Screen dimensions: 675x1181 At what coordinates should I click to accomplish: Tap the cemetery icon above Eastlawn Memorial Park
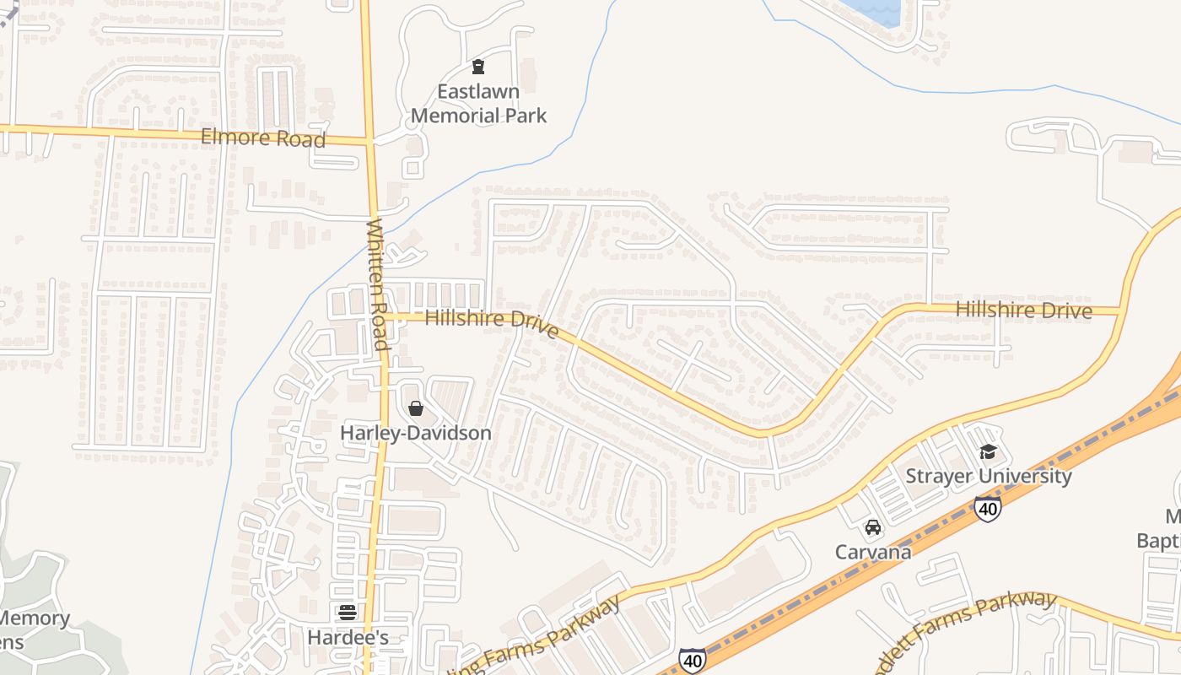[x=478, y=67]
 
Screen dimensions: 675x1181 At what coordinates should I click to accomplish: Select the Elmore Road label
[x=263, y=138]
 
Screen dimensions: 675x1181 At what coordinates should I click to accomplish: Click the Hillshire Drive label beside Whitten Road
[x=491, y=322]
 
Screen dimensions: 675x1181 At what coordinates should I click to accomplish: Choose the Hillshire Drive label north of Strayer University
[x=1023, y=310]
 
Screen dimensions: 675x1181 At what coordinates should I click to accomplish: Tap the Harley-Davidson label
[x=415, y=433]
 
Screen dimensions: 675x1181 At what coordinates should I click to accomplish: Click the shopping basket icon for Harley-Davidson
[x=415, y=409]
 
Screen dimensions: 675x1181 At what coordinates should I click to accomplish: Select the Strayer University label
[x=988, y=476]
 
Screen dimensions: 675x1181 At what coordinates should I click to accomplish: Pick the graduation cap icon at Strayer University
[x=988, y=452]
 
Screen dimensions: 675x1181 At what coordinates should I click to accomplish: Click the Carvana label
[x=873, y=552]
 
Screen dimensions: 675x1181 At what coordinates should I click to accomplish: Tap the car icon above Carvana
[x=873, y=528]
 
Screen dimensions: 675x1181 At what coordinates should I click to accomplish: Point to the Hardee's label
[x=348, y=637]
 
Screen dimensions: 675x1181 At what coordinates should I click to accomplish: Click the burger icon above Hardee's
[x=348, y=613]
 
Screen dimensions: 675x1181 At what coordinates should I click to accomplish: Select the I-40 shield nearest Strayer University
[x=987, y=508]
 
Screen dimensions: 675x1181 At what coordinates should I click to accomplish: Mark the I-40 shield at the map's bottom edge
[x=693, y=660]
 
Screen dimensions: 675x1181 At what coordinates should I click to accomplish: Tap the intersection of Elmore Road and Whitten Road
[x=369, y=141]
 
